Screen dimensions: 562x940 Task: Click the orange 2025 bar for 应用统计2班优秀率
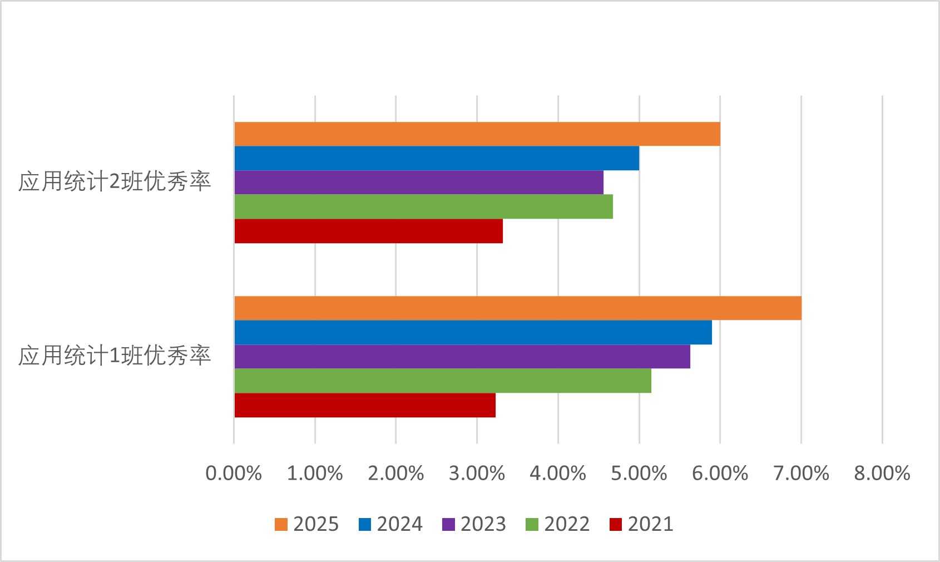(477, 134)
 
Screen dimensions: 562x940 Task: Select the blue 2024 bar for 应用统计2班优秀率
(437, 159)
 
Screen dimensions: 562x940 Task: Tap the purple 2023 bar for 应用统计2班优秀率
(419, 183)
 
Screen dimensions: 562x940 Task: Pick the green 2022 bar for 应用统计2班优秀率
(423, 207)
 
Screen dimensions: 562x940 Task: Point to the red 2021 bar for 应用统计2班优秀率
(368, 231)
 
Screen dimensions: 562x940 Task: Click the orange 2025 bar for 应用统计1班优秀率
(518, 308)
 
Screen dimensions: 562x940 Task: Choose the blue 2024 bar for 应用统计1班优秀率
(473, 333)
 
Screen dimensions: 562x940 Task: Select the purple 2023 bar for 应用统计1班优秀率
(462, 357)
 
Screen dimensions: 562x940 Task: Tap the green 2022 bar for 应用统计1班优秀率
(443, 381)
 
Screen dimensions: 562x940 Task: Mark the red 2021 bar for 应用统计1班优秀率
(365, 405)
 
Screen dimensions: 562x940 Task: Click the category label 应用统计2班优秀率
(115, 183)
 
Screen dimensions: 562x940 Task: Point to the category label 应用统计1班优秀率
(115, 357)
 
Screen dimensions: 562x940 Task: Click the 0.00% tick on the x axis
(234, 474)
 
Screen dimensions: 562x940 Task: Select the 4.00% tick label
(558, 474)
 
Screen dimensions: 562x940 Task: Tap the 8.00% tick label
(882, 474)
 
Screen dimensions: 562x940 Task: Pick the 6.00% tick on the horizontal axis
(720, 474)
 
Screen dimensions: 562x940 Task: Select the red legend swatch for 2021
(616, 524)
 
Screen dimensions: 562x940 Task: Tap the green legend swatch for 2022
(532, 524)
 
